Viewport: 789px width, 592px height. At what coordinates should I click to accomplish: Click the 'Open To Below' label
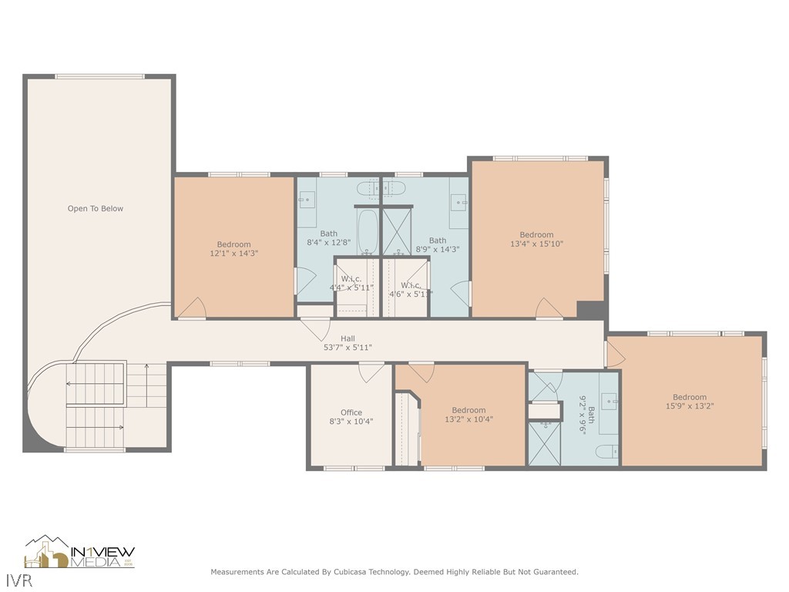(96, 208)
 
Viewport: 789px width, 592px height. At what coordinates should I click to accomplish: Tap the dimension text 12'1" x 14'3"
(233, 253)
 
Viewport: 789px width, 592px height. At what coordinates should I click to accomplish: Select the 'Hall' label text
(348, 338)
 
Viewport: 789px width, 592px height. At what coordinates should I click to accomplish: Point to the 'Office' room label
(351, 412)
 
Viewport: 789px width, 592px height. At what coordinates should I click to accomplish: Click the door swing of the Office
(372, 372)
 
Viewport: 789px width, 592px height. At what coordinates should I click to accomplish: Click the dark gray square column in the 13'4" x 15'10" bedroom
(590, 309)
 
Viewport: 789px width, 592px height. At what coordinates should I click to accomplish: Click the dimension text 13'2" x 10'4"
(468, 419)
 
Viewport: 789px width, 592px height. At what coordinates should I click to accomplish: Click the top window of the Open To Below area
(99, 76)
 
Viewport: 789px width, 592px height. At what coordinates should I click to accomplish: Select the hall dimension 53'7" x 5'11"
(347, 348)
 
